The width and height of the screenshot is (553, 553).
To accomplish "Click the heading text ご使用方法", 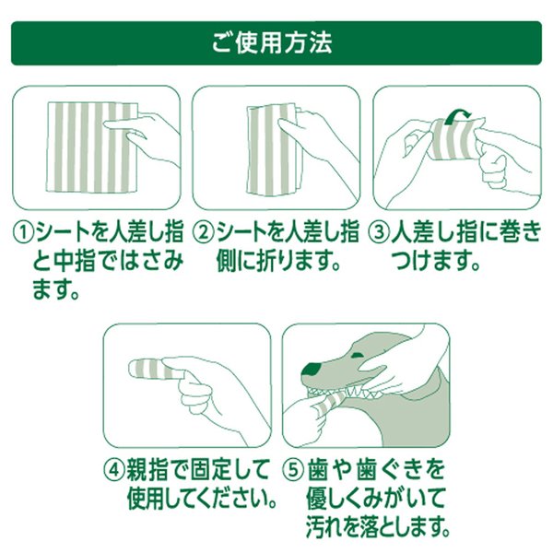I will (276, 43).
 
